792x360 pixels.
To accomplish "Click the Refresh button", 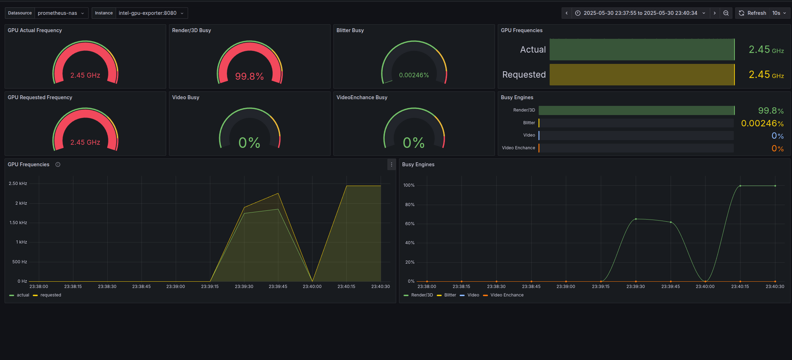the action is click(x=752, y=13).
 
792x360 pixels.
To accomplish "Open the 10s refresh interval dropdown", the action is click(x=779, y=13).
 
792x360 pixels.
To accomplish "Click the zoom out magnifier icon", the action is click(x=726, y=13).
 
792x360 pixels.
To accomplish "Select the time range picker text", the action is click(x=640, y=13).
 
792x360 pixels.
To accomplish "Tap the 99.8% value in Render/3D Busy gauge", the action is click(x=249, y=76).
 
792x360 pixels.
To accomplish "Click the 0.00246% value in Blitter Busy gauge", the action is click(x=414, y=75).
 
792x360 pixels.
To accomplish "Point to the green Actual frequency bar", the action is click(x=642, y=49).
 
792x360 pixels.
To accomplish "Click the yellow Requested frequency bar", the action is click(x=642, y=74).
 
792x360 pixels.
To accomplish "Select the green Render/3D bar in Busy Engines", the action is click(x=636, y=110).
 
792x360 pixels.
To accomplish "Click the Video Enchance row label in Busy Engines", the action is click(x=518, y=148).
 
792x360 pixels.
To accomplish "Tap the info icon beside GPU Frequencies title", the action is click(x=58, y=164).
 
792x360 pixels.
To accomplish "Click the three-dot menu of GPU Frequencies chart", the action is click(x=391, y=164).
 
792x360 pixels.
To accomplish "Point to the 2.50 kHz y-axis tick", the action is click(x=18, y=184).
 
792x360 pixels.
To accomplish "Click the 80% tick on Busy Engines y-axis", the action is click(x=410, y=205).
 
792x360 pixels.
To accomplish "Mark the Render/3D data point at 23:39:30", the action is click(x=636, y=219).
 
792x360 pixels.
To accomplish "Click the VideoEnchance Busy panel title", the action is click(x=362, y=97).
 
